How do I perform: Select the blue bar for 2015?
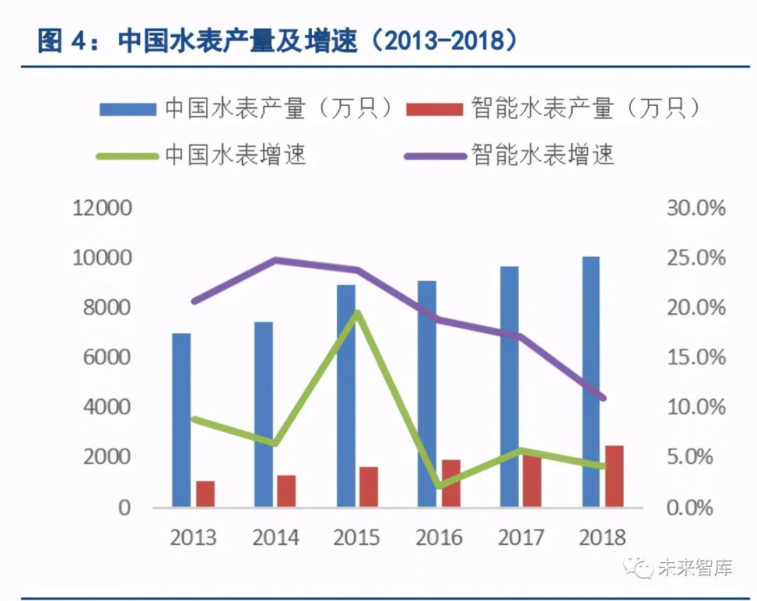[x=346, y=396]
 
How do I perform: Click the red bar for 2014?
[x=287, y=491]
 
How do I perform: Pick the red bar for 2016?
[x=451, y=483]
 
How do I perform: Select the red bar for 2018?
[x=615, y=476]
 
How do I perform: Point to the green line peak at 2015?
[x=357, y=313]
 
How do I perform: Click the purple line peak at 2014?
[x=275, y=260]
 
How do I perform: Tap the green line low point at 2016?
[x=439, y=485]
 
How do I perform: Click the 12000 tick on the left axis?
[x=102, y=208]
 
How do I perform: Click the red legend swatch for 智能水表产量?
[x=435, y=109]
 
